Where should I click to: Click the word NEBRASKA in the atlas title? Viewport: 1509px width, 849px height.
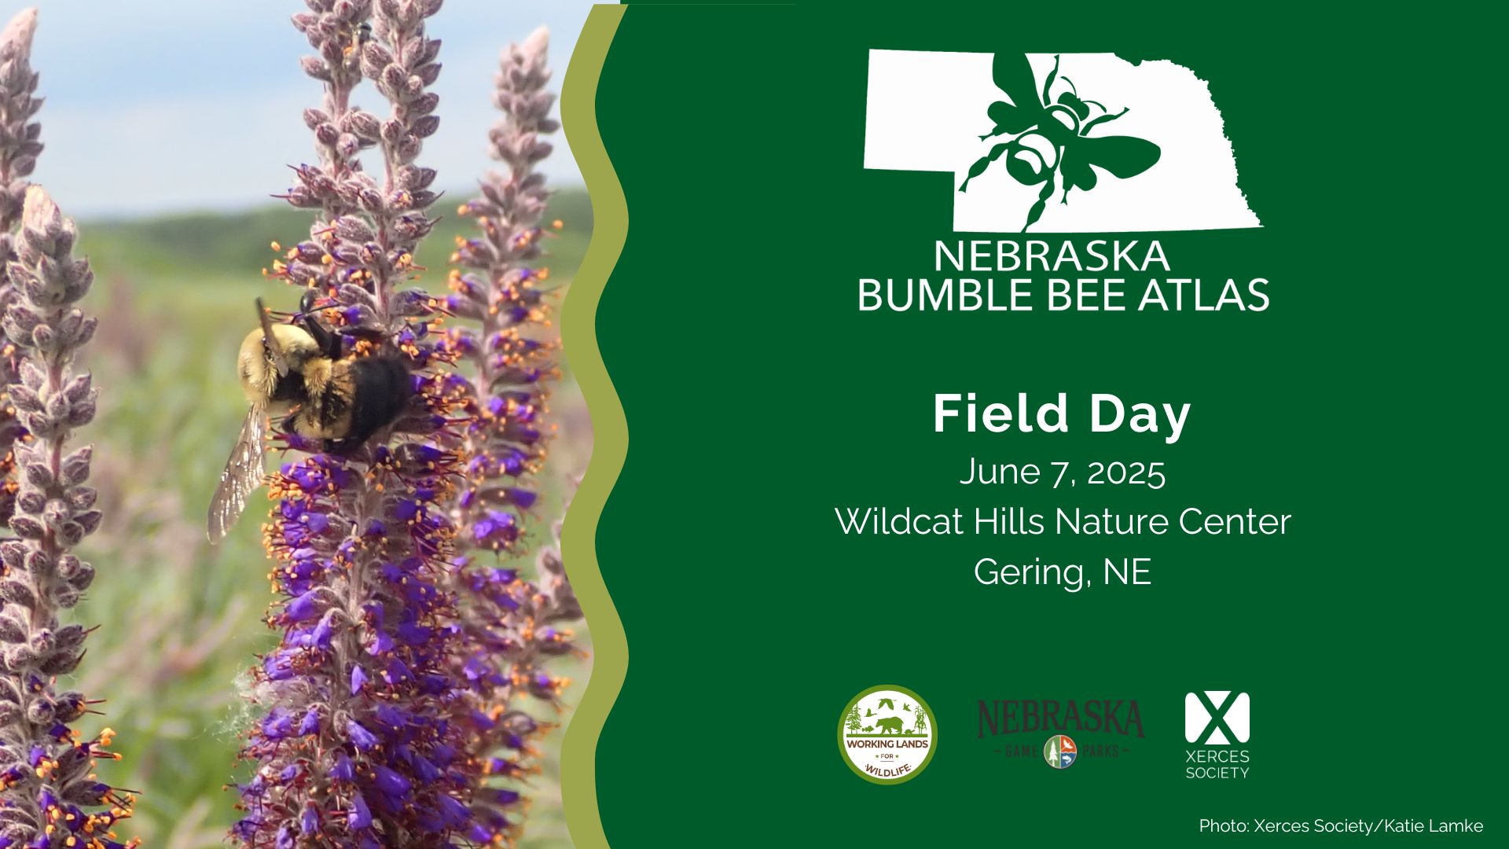[1052, 256]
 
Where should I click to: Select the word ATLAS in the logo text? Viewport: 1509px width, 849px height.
[1215, 295]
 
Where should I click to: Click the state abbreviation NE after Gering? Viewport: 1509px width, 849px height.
[1127, 572]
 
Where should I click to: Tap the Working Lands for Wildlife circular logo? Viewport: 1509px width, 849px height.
[887, 734]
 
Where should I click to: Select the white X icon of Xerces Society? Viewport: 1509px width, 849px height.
[1217, 718]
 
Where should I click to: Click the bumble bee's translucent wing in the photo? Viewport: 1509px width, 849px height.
[237, 472]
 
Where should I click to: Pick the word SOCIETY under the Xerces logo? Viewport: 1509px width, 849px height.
[1217, 773]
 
